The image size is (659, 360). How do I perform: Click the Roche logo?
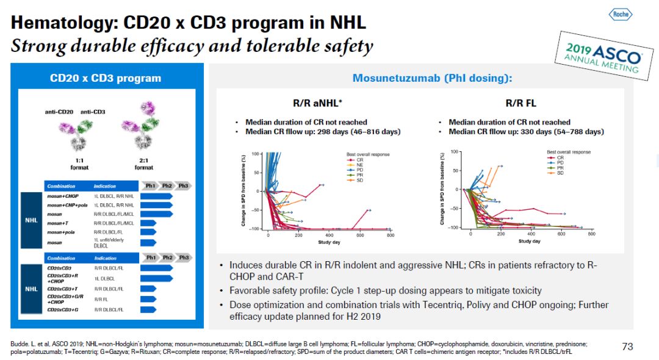coord(621,14)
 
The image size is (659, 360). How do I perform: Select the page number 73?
coord(627,347)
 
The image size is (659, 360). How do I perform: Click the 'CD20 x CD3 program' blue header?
coord(106,78)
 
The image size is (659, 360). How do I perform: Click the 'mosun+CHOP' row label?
coord(63,197)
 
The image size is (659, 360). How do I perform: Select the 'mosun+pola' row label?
coord(62,232)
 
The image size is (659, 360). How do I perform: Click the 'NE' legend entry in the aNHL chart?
coord(359,165)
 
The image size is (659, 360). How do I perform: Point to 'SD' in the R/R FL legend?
coord(560,173)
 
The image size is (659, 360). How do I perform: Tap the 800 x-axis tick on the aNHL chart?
coord(390,236)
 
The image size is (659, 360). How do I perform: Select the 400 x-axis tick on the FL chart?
coord(531,234)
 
